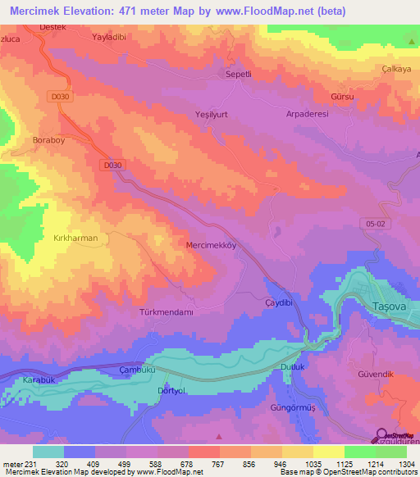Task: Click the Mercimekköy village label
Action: (x=212, y=244)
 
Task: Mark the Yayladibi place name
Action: (x=113, y=38)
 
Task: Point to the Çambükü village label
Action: (x=137, y=370)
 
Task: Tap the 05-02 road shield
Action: (x=374, y=223)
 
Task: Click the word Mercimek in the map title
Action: (x=40, y=11)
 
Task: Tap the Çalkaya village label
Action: (x=395, y=69)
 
